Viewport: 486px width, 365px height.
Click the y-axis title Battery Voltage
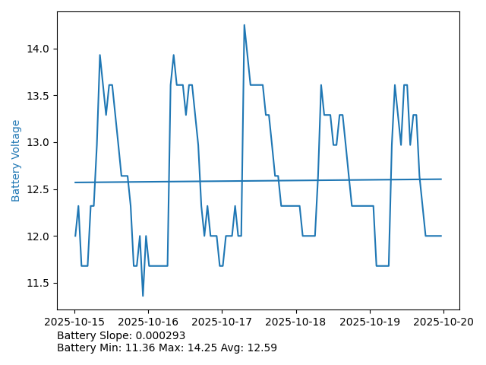click(16, 160)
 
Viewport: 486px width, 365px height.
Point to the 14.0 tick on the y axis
click(39, 49)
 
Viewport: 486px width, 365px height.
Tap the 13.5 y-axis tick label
click(39, 96)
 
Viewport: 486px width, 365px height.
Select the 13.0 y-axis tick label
click(39, 142)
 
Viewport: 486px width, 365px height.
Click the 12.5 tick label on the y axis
click(39, 189)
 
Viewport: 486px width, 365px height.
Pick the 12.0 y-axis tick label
click(39, 236)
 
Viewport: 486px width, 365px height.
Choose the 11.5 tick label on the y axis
click(39, 283)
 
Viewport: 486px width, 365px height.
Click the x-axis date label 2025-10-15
click(75, 322)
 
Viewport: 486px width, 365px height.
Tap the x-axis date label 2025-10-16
click(149, 322)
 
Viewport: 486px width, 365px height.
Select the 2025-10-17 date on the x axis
click(222, 322)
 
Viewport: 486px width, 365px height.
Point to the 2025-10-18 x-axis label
click(296, 322)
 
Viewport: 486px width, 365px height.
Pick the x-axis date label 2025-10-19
click(370, 322)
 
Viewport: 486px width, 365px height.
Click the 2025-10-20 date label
click(443, 322)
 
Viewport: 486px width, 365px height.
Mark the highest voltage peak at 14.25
click(244, 25)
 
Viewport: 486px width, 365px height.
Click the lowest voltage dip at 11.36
click(143, 295)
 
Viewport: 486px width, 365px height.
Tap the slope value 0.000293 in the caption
click(161, 335)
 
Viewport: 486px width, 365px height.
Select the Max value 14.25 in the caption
click(187, 348)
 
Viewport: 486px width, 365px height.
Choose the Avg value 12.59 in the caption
click(260, 348)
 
